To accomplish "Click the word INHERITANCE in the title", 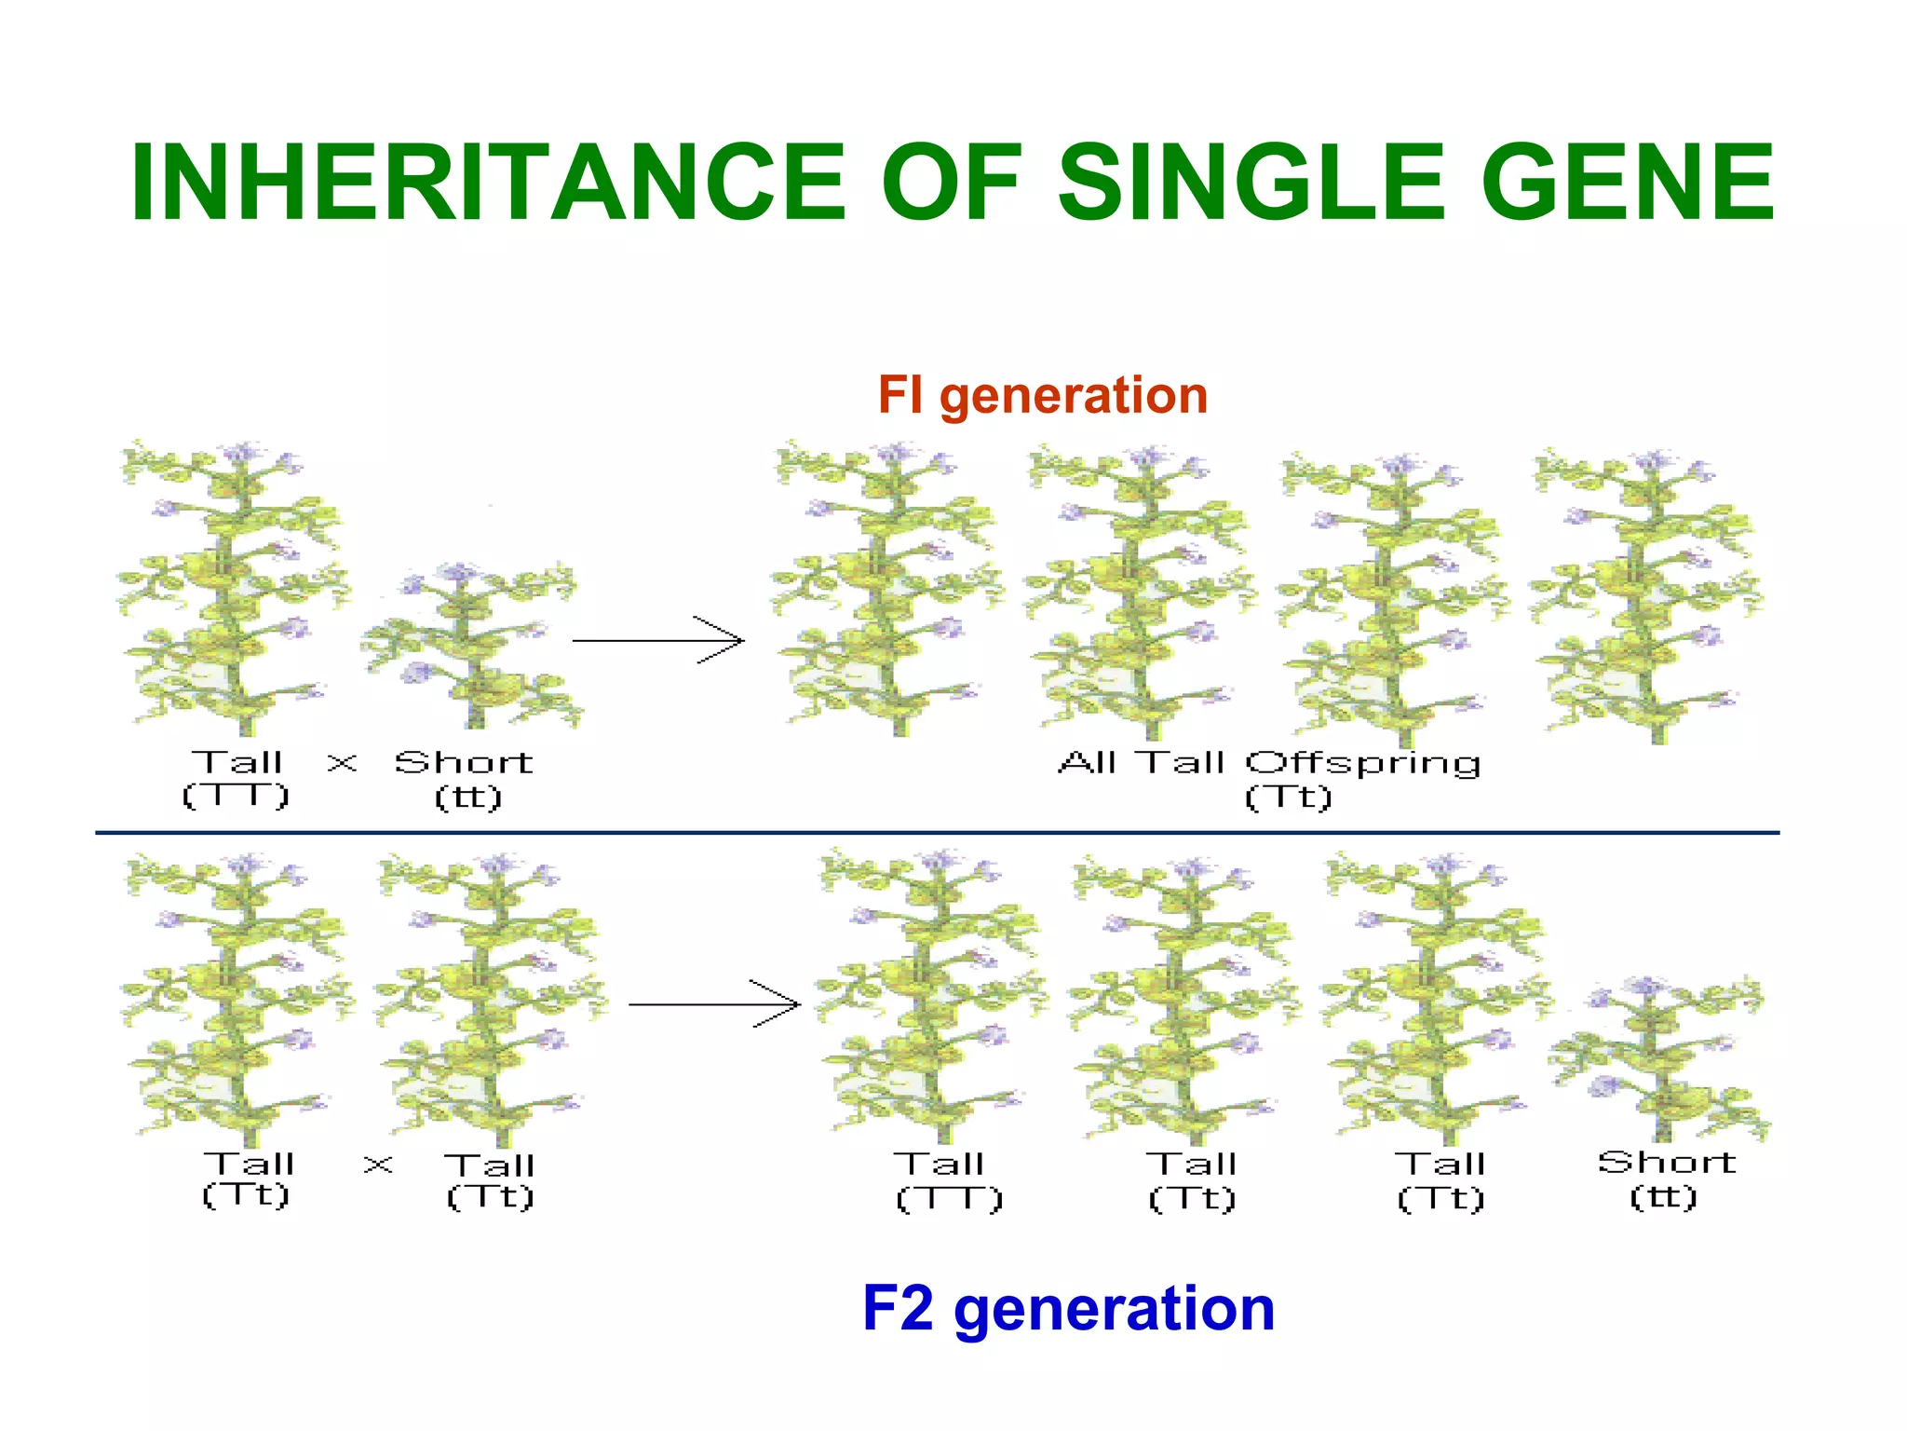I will coord(487,183).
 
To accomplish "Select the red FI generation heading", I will coord(1042,395).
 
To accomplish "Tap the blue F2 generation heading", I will coord(1068,1308).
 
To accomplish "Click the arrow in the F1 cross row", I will coord(657,640).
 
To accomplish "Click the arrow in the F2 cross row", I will coord(714,1004).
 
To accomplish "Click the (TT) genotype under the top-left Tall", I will coord(236,796).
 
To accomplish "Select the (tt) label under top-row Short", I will coord(468,797).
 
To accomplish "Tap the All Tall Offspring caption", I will coord(1269,763).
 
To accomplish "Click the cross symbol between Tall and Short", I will coord(342,763).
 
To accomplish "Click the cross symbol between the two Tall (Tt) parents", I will coord(378,1164).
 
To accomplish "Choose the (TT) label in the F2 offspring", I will coord(949,1198).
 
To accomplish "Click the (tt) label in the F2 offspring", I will coord(1664,1196).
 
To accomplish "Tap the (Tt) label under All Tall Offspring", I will coord(1289,797).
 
